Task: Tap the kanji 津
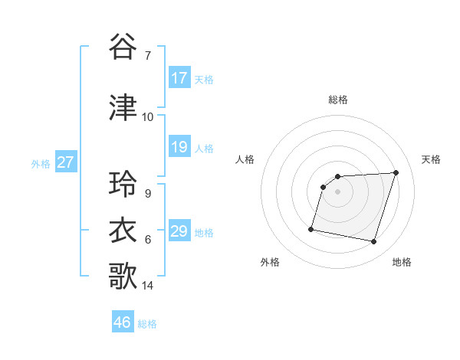point(123,108)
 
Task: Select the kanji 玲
point(123,185)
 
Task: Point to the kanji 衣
point(123,231)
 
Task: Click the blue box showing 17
point(179,78)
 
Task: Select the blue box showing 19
point(179,147)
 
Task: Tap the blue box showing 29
point(179,231)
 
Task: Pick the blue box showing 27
point(66,162)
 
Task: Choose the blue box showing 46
point(123,322)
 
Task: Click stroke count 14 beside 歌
point(148,286)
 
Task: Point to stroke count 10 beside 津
point(147,117)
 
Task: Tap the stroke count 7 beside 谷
point(147,56)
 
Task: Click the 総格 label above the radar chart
point(338,100)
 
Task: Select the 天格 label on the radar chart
point(432,159)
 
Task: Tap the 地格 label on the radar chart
point(402,262)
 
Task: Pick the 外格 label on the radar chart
point(270,262)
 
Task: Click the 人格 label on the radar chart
point(245,159)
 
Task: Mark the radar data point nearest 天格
point(396,172)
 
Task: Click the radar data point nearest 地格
point(373,242)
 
